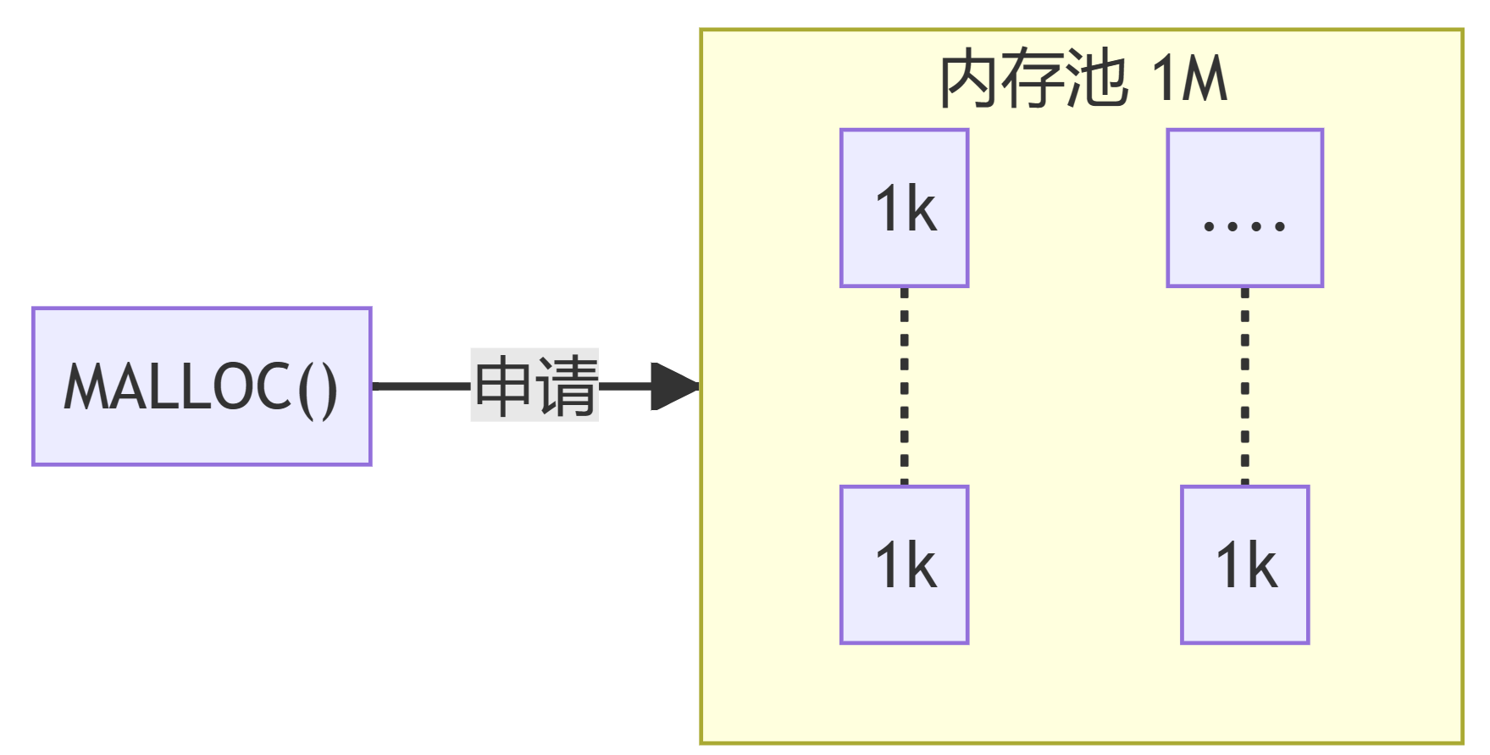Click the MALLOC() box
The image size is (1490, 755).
tap(202, 386)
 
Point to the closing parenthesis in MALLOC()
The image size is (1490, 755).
tap(329, 389)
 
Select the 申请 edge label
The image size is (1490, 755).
tap(535, 386)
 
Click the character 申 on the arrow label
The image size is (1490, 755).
tap(503, 386)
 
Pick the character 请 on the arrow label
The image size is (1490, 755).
tap(567, 386)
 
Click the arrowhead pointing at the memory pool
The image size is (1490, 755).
tap(674, 386)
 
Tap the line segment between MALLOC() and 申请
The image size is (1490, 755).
tap(421, 386)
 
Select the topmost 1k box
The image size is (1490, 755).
tap(904, 208)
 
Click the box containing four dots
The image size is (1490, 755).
tap(1244, 208)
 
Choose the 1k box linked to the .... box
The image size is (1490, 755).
tap(1244, 565)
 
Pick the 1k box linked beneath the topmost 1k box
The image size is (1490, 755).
tap(904, 565)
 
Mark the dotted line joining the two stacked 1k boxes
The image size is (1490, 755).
tap(904, 386)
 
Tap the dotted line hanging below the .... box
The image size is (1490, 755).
tap(1244, 386)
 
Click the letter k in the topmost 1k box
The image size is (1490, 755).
tap(922, 208)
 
